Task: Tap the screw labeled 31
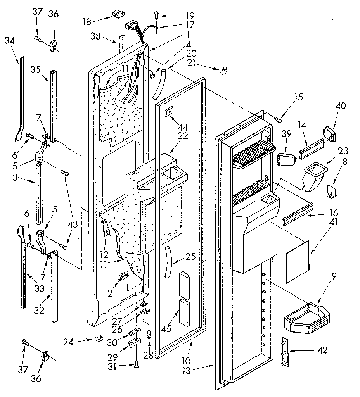click(136, 364)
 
